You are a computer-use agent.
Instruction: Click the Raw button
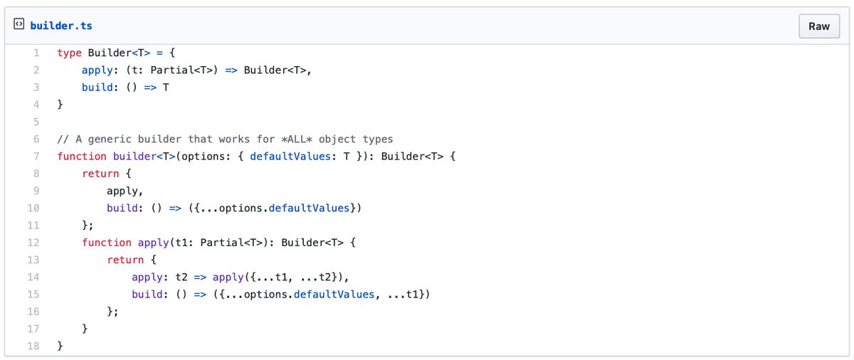pos(819,26)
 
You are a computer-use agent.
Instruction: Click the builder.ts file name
pos(60,26)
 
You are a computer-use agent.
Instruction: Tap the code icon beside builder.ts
pos(19,26)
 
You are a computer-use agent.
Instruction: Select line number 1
pos(36,52)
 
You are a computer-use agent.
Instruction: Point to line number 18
pos(33,346)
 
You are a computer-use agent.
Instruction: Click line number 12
pos(33,243)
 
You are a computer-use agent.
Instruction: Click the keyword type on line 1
pos(69,52)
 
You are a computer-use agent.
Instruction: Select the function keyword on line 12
pos(107,243)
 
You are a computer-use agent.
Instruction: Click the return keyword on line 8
pos(100,173)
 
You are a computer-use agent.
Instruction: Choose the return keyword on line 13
pos(125,260)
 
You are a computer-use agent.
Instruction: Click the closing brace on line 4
pos(60,104)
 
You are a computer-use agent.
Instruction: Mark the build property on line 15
pos(147,295)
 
